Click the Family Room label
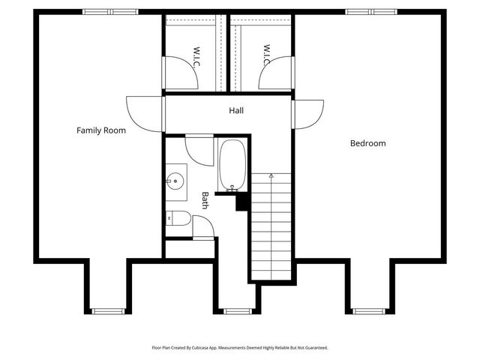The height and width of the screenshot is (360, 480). tap(101, 130)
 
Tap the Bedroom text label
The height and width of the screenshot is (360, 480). tap(367, 143)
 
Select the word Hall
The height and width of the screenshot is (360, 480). tap(236, 111)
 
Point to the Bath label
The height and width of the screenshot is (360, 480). tap(205, 199)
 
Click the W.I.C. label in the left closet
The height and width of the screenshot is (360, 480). tap(196, 57)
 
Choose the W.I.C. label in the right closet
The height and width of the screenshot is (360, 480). tap(266, 54)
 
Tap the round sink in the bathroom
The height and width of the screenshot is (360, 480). tap(175, 180)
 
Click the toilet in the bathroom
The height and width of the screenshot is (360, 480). tap(175, 219)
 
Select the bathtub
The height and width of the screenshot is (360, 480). tap(231, 166)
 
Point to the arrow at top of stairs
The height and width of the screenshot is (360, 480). tap(270, 176)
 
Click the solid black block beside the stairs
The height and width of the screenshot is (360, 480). tap(242, 202)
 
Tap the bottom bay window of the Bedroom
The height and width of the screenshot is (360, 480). tap(368, 310)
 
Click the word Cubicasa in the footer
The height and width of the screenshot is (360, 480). tap(208, 348)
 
